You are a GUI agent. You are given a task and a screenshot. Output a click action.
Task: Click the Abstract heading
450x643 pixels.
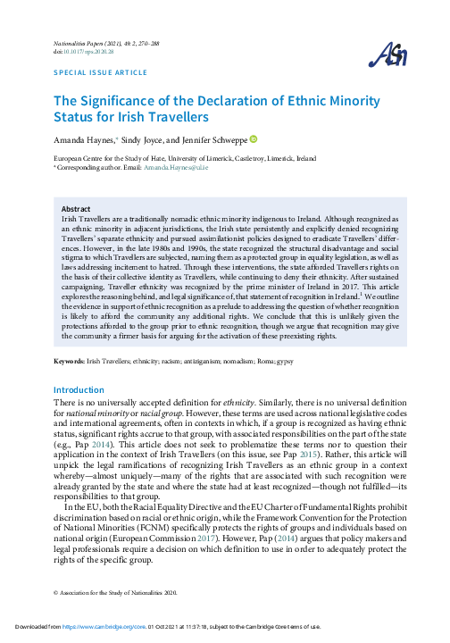76,207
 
